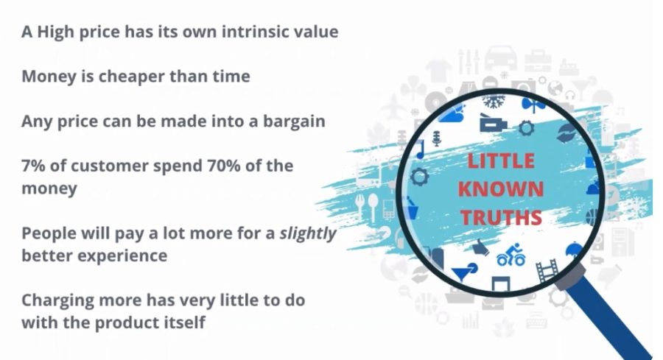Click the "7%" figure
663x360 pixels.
[33, 166]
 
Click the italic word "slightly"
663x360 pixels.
[307, 233]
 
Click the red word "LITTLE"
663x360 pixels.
[501, 161]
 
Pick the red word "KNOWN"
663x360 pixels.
[501, 189]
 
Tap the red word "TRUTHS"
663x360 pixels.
[501, 217]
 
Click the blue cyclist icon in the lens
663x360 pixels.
[511, 255]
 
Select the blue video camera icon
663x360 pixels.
[493, 124]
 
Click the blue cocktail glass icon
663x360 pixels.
[464, 272]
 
